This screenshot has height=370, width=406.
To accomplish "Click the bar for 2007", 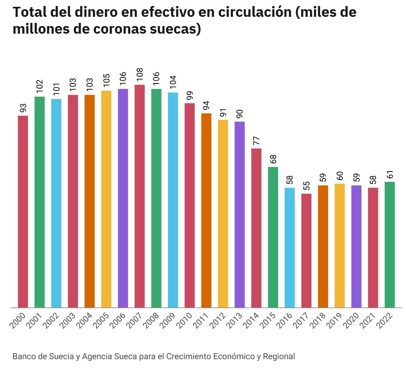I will tap(139, 196).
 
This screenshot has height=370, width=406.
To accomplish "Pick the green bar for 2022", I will tap(390, 245).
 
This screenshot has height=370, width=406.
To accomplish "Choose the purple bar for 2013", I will tap(240, 214).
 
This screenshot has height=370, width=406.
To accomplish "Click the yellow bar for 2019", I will tap(339, 245).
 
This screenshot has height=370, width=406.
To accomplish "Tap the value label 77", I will tap(257, 141).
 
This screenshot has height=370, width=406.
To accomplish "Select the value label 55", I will tap(306, 186).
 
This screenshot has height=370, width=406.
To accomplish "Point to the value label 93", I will tap(23, 108).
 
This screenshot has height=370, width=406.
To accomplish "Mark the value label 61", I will tap(390, 174).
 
